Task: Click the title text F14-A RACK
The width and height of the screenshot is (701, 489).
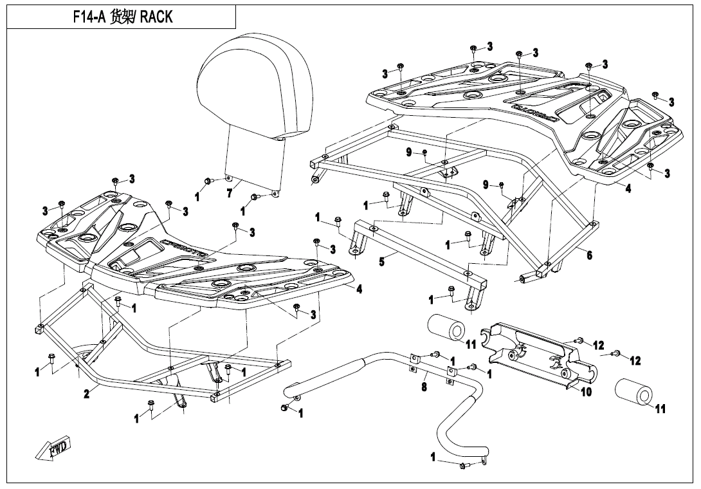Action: coord(123,16)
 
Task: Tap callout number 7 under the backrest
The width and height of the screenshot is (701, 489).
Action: coord(230,194)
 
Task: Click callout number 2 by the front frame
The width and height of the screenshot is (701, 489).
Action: coord(87,394)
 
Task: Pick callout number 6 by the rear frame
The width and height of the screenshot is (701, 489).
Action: coord(589,255)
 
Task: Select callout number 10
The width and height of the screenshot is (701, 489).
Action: coord(586,391)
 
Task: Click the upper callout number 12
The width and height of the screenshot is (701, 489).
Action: coord(599,346)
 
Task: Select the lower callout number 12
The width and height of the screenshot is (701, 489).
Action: coord(635,361)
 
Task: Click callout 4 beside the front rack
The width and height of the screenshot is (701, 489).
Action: coord(359,290)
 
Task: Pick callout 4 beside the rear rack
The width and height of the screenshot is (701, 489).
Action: coord(628,189)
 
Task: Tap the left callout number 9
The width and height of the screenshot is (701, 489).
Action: coord(408,152)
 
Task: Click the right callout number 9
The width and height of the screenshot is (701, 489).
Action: coord(486,185)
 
